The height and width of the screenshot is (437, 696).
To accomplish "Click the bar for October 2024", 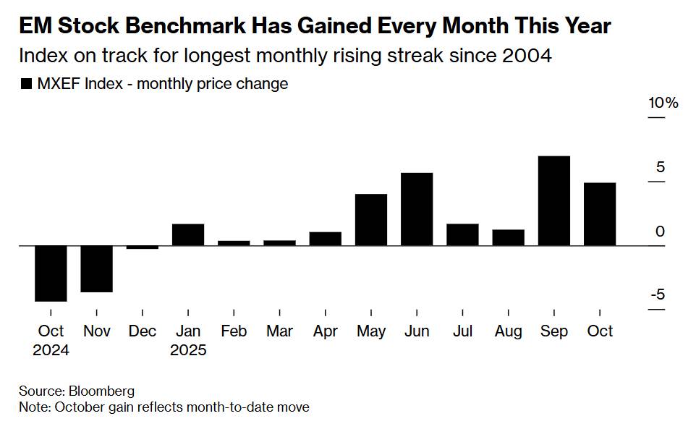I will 51,273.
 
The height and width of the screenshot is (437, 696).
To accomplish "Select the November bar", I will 97,268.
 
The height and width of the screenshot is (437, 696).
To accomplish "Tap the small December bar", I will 143,247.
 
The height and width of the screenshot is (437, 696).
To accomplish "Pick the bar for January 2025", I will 188,235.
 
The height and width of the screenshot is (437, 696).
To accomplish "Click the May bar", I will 371,220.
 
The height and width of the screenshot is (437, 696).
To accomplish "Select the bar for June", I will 417,209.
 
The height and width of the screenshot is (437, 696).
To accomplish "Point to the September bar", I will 554,201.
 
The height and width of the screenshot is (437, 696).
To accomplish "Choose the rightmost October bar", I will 600,214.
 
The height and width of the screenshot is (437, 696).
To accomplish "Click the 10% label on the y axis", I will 663,103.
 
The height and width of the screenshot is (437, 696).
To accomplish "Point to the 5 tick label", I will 661,167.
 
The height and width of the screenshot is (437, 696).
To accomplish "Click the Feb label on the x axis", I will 234,331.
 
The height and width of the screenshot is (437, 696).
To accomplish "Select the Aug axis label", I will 508,331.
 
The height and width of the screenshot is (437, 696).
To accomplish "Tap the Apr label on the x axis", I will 325,331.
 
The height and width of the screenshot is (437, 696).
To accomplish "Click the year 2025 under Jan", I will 188,351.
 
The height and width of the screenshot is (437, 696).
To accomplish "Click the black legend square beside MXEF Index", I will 26,84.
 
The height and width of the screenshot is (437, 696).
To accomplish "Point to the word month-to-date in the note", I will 229,407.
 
